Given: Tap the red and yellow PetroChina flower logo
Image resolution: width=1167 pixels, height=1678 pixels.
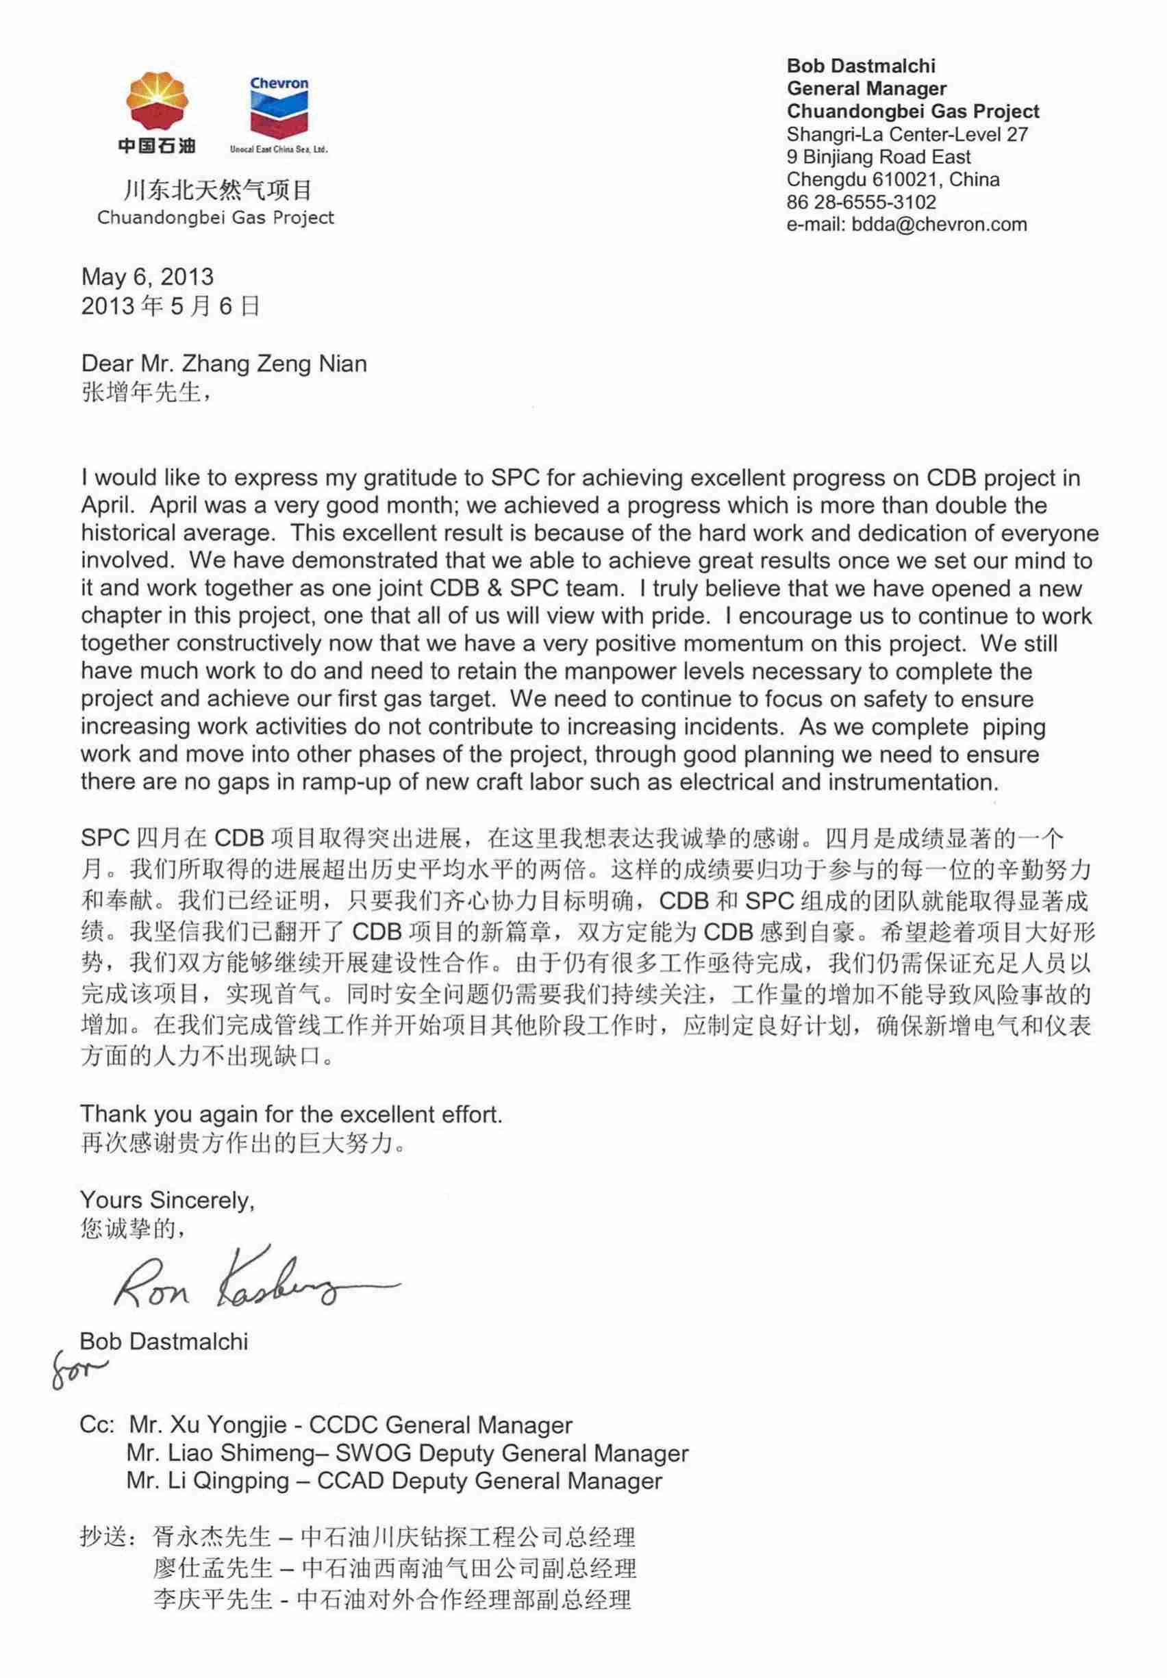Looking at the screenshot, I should (157, 102).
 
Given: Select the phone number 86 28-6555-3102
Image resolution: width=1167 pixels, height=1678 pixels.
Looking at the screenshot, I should (861, 202).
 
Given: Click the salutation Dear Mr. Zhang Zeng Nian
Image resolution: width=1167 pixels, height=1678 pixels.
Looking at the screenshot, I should (224, 363).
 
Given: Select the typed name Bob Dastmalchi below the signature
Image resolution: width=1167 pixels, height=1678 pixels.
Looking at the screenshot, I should (164, 1341).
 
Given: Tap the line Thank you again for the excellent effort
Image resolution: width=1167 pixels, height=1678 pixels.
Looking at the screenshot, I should (291, 1114).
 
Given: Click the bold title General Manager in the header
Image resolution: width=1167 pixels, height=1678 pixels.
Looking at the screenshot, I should (866, 89).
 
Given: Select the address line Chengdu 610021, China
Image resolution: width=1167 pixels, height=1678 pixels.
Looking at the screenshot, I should (893, 179).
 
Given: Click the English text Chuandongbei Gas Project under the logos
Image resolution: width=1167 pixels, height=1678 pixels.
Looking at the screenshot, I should (216, 218).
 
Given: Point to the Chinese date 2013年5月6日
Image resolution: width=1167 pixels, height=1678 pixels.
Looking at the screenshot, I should (171, 306).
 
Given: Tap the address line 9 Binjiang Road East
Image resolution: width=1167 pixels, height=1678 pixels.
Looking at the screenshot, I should (879, 156).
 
